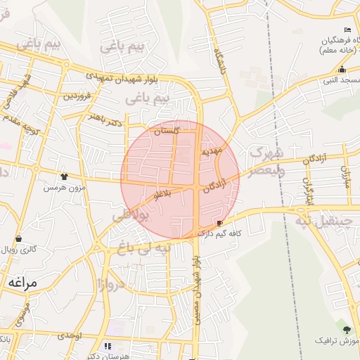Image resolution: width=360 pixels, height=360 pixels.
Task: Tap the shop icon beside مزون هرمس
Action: click(65, 176)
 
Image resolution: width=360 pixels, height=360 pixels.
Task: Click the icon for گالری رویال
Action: click(18, 239)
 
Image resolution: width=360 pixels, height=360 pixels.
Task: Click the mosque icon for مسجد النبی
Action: click(342, 70)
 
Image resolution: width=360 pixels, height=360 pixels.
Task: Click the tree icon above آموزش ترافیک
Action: click(346, 329)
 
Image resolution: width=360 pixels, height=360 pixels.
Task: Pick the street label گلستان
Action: click(167, 131)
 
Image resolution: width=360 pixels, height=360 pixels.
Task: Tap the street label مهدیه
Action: click(211, 150)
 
